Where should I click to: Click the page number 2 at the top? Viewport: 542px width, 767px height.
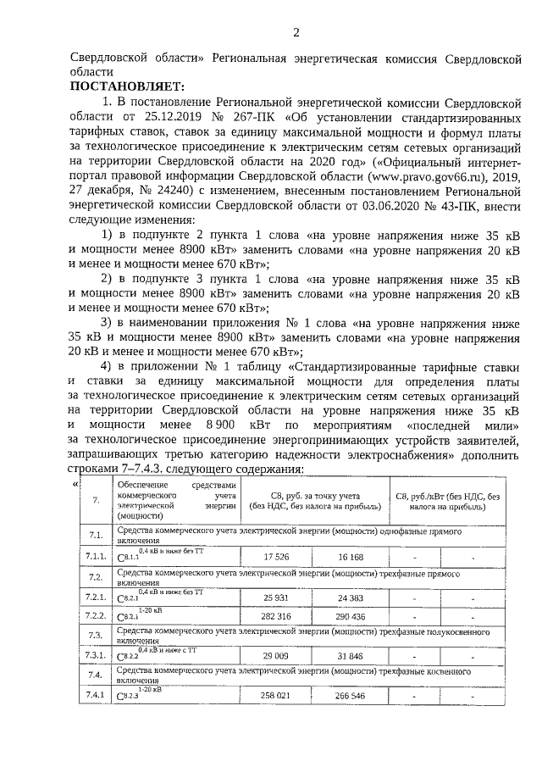pos(296,33)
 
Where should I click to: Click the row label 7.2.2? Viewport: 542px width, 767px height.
pos(95,615)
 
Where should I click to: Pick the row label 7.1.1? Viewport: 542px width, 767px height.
pos(95,557)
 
